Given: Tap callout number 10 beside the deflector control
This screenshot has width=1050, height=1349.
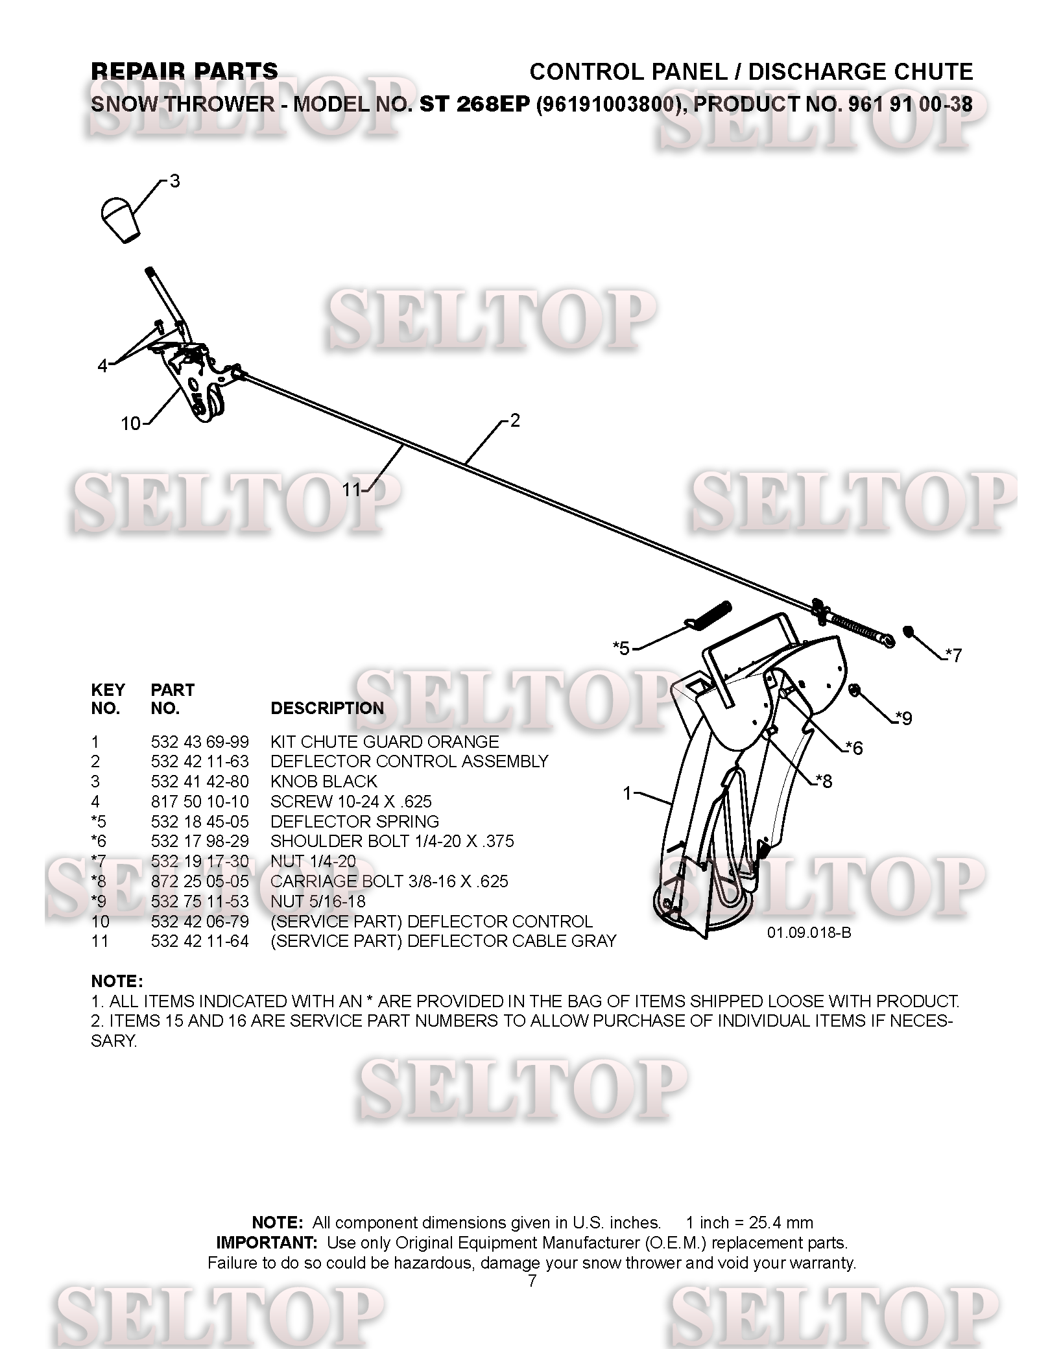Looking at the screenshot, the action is [131, 424].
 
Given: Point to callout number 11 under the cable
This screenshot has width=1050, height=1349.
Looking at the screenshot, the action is [351, 490].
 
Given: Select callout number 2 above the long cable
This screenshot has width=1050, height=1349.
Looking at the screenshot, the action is [515, 421].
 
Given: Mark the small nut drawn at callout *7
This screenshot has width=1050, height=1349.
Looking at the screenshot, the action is [909, 631].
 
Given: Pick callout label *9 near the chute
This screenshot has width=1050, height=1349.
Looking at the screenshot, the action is [903, 718].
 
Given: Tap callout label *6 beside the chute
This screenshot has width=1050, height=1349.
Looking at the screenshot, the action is [855, 748].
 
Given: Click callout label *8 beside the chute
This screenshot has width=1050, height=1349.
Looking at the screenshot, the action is [824, 781].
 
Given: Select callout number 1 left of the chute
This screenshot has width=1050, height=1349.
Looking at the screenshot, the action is [627, 793].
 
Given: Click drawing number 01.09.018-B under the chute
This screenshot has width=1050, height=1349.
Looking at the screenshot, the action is [809, 933].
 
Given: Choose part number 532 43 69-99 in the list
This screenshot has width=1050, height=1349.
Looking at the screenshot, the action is [200, 741].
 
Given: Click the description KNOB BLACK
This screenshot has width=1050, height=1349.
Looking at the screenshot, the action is [324, 782].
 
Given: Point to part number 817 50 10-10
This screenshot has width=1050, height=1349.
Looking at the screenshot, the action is [200, 802].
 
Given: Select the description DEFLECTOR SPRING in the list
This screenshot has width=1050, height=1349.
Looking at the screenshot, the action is [355, 822].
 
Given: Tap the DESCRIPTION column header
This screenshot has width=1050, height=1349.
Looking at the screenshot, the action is [327, 708].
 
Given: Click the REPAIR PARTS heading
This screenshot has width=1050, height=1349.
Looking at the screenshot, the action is [184, 71].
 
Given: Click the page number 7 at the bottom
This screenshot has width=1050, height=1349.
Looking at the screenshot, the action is [532, 1281].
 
